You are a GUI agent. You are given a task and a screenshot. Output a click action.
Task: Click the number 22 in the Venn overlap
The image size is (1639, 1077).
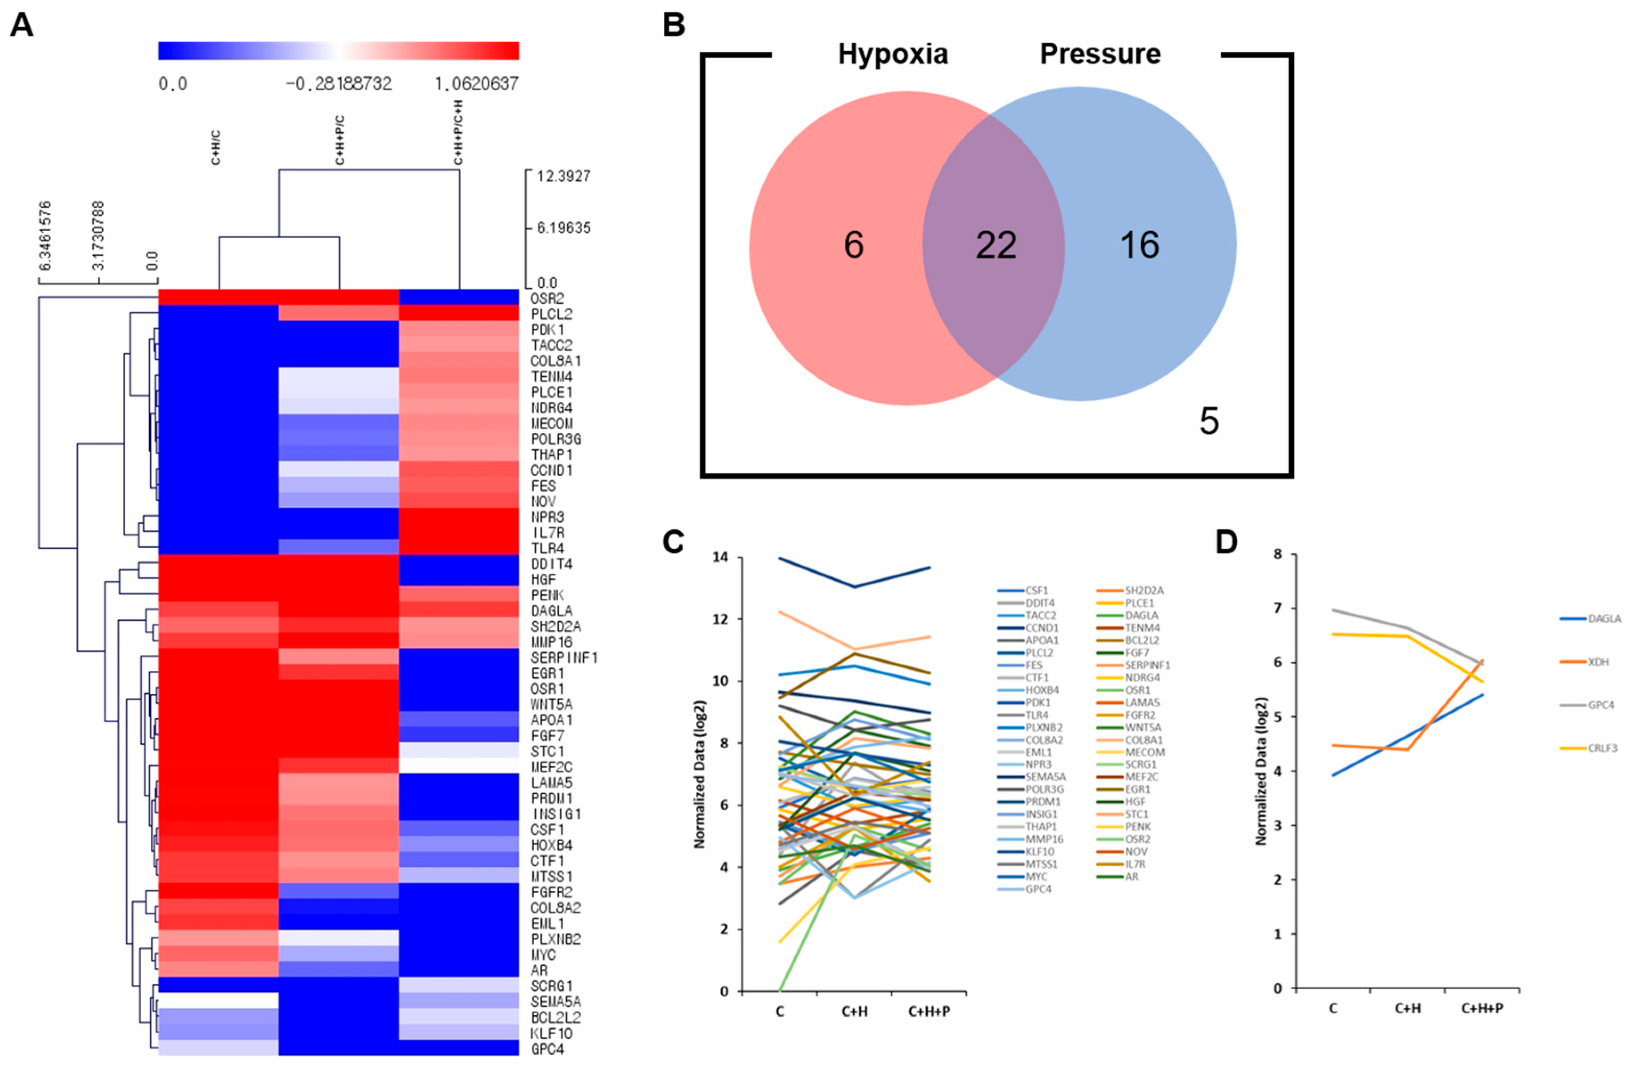[x=996, y=245]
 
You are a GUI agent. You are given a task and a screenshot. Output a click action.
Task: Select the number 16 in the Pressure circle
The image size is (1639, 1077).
[x=1140, y=245]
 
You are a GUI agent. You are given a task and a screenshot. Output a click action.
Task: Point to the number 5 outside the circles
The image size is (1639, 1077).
[x=1209, y=421]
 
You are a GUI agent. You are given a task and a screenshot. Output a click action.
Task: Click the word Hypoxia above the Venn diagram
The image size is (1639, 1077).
[x=892, y=54]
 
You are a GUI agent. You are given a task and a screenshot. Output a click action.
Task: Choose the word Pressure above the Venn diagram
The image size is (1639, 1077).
[x=1100, y=54]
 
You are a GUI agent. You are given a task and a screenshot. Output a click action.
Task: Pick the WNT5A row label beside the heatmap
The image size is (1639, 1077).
[x=551, y=705]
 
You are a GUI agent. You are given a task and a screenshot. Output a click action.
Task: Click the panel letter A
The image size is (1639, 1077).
[x=21, y=26]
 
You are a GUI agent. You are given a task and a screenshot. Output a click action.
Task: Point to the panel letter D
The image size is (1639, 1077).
[x=1226, y=543]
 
